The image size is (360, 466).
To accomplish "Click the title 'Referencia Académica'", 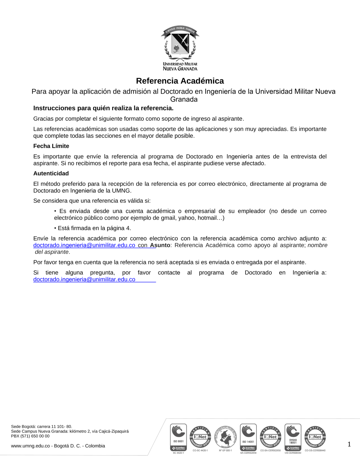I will coord(180,81).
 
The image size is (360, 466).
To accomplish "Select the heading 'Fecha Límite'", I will coord(51,146).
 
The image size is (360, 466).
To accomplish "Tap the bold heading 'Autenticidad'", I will coord(51,174).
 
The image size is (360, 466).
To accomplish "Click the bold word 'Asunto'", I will coord(160,245).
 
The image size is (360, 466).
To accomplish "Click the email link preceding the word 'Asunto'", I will coord(84,245).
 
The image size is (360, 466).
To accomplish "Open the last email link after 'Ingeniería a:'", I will coord(84,279).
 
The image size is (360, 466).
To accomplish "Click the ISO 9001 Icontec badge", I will coord(178,437).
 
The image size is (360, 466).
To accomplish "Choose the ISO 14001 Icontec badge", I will coord(248,438).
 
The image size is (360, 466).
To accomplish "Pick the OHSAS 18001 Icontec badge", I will coord(293,437).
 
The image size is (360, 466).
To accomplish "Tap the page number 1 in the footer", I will coord(349,444).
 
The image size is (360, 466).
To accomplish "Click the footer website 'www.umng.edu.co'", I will coord(30,446).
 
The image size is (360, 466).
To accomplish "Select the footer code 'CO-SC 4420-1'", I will coord(200,451).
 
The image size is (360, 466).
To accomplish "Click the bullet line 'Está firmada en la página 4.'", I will coord(93,228).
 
